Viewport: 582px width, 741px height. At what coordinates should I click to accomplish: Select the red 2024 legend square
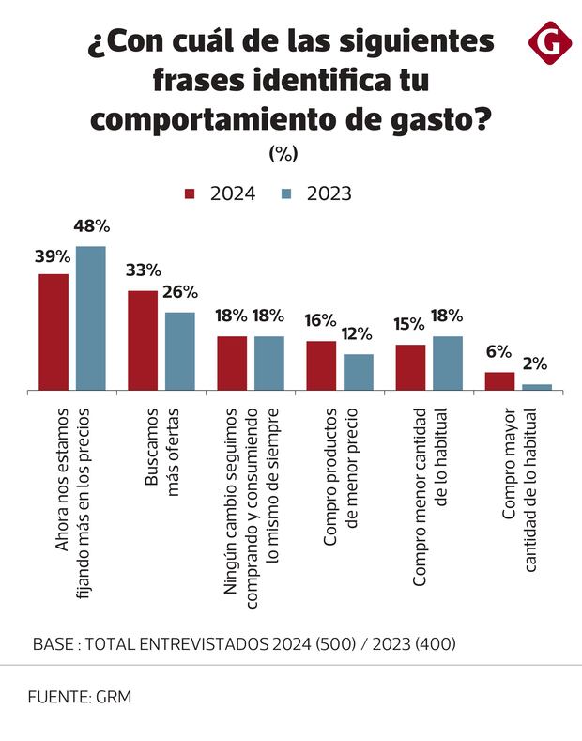190,194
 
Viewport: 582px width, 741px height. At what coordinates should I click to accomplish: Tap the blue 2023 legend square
287,194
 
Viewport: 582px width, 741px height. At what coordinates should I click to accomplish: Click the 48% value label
91,226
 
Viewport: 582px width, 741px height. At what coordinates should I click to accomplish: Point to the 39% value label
54,256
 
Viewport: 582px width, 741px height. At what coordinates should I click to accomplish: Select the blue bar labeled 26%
179,350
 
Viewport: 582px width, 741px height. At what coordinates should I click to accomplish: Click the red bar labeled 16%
321,365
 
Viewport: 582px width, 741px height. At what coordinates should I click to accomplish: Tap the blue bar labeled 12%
358,371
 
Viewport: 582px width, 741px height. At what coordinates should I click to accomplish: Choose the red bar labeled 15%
410,367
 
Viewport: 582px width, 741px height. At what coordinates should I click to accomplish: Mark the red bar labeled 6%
499,380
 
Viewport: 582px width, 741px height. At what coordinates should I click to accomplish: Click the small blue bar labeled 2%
537,386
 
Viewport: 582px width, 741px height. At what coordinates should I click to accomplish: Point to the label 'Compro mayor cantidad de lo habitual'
518,490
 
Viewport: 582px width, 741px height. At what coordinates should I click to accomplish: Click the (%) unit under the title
283,153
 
